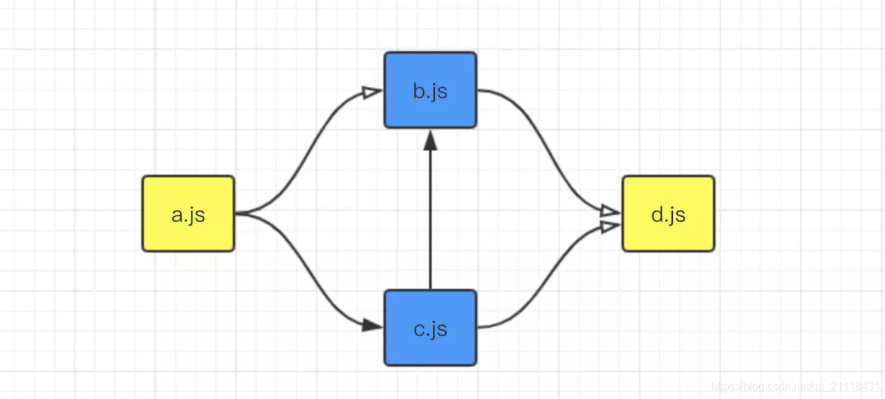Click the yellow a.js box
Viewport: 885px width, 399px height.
tap(188, 213)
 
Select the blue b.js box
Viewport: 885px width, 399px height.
tap(430, 90)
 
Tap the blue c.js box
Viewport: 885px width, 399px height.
tap(430, 328)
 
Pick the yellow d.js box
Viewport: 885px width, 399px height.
tap(668, 213)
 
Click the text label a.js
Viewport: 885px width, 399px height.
tap(188, 215)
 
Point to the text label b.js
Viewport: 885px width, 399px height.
tap(430, 91)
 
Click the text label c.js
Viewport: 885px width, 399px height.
tap(430, 329)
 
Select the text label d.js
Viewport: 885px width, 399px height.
tap(668, 215)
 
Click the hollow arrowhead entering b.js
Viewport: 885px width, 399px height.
tap(373, 91)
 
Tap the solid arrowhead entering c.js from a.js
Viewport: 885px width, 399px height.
tap(373, 325)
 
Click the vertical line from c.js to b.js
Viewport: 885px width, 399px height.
tap(430, 221)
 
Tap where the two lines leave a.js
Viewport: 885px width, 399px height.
tap(239, 213)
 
